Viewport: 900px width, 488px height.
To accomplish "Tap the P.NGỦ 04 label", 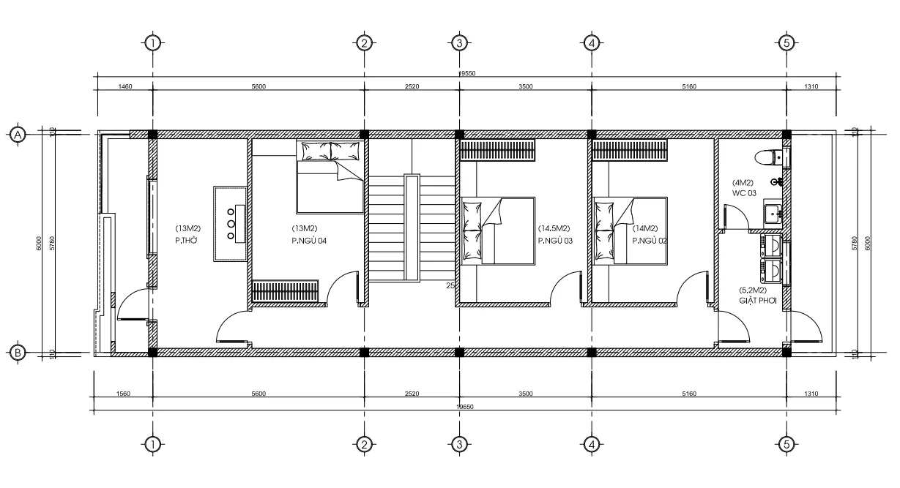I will click(x=308, y=239).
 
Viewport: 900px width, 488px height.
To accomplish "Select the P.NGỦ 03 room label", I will click(x=555, y=239).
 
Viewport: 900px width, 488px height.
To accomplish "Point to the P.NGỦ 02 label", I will click(x=650, y=239).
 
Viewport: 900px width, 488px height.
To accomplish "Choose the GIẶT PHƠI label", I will click(x=756, y=299).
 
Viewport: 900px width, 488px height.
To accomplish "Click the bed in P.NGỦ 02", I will click(x=630, y=230).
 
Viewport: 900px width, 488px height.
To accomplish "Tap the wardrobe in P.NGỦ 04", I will click(x=285, y=290).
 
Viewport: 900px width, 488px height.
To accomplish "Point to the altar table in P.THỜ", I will click(x=231, y=224).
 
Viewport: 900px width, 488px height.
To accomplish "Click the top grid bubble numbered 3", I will click(x=458, y=42).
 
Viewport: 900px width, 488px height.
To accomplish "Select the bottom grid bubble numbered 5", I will click(x=786, y=443).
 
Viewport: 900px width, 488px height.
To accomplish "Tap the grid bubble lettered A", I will click(x=18, y=133).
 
